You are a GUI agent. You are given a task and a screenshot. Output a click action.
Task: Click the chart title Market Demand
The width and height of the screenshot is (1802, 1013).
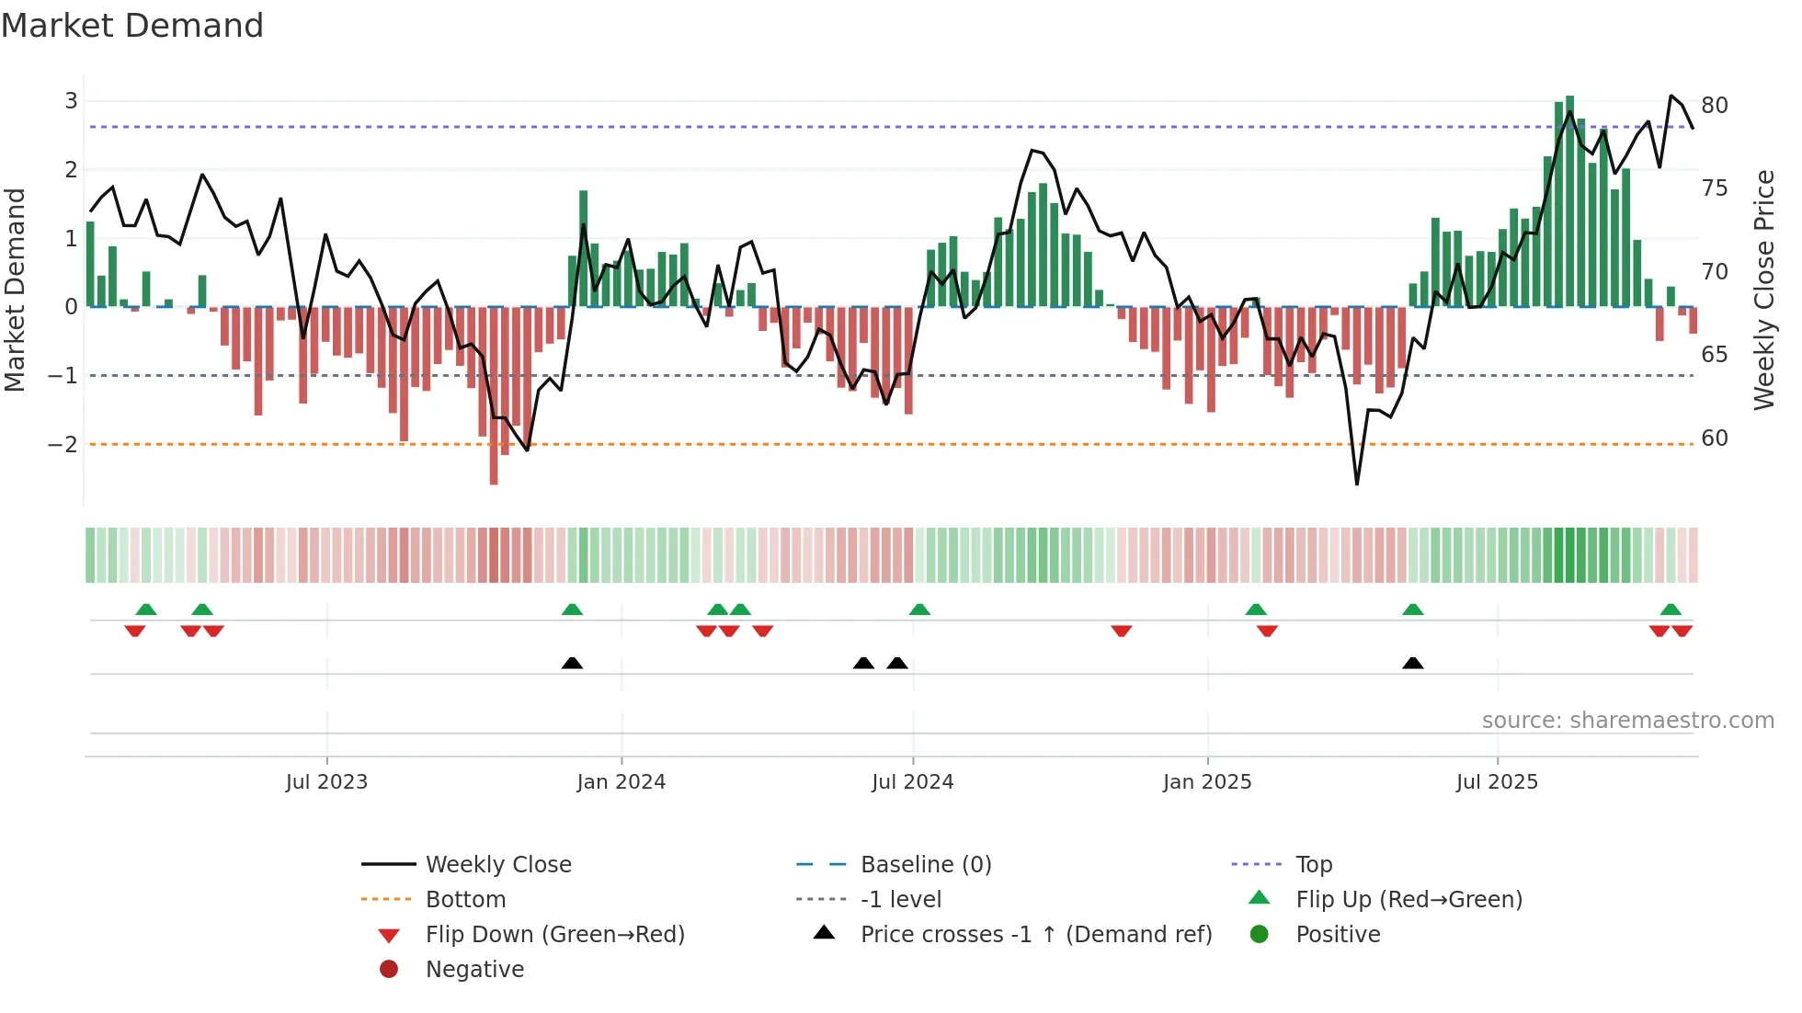(x=132, y=26)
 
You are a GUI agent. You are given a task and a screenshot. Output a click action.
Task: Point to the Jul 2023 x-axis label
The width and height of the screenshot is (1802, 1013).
(x=326, y=782)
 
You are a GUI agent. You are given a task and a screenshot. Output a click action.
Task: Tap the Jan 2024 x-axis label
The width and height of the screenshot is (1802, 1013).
(x=621, y=782)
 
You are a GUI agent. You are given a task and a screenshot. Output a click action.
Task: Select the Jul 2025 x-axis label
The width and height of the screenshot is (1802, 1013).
(x=1497, y=782)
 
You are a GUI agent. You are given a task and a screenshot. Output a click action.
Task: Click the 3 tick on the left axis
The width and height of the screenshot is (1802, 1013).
(x=71, y=101)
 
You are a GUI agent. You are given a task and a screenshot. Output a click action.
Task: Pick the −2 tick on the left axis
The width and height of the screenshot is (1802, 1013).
(x=63, y=445)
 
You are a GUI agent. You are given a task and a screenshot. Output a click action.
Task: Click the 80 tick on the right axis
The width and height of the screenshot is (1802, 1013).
(x=1714, y=106)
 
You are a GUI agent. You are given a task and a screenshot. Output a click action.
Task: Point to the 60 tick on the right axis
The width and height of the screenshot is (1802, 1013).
(x=1714, y=438)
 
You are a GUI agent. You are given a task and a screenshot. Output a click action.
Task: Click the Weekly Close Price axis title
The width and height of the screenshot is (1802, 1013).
(x=1763, y=290)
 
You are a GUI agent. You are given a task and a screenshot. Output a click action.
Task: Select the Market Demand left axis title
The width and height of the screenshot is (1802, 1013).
(x=16, y=290)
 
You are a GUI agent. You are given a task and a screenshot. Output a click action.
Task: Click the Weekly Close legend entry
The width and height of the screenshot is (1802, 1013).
(x=497, y=865)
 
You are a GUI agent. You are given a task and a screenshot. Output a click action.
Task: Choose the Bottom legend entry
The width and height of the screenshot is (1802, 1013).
(x=465, y=900)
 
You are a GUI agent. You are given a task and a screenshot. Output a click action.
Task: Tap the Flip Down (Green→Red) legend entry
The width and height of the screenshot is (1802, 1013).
(x=554, y=935)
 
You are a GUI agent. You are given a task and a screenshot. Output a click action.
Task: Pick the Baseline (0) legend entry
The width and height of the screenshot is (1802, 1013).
(x=925, y=865)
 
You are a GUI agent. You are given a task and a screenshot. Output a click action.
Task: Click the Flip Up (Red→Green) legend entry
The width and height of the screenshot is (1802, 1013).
(x=1409, y=900)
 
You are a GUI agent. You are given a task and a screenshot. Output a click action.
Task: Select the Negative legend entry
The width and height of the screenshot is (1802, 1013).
(x=474, y=970)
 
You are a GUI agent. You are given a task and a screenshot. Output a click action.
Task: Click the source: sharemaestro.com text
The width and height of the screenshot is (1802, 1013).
(x=1627, y=721)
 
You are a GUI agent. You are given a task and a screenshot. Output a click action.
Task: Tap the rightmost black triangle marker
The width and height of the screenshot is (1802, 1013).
(x=1413, y=664)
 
